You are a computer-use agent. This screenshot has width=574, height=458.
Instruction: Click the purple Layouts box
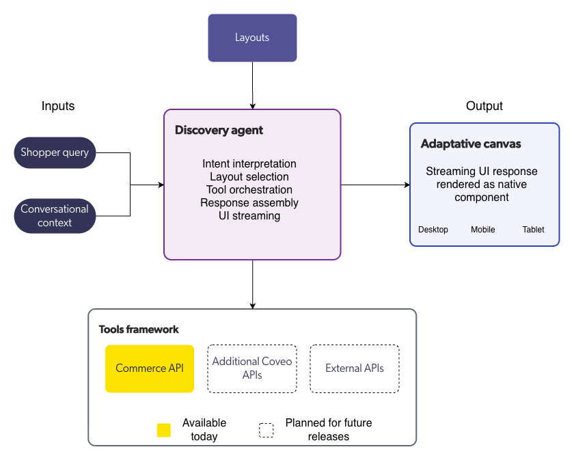pyautogui.click(x=252, y=38)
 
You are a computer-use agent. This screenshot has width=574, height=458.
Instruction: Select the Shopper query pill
pyautogui.click(x=55, y=152)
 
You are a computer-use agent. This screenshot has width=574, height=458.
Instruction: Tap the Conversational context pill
pyautogui.click(x=55, y=215)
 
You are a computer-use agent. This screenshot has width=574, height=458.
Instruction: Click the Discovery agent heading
pyautogui.click(x=219, y=130)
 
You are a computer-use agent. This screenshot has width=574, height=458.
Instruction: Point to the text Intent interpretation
pyautogui.click(x=249, y=164)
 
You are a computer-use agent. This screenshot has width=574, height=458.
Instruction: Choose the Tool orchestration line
pyautogui.click(x=249, y=190)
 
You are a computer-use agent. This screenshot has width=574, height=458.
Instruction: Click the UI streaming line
pyautogui.click(x=249, y=216)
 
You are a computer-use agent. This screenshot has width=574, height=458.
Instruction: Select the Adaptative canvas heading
pyautogui.click(x=471, y=144)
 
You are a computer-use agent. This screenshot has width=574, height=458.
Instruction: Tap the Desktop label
pyautogui.click(x=433, y=230)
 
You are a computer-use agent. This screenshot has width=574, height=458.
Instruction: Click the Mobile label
pyautogui.click(x=483, y=230)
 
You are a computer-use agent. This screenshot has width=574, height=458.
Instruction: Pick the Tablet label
pyautogui.click(x=533, y=230)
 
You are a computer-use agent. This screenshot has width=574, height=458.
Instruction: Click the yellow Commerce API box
pyautogui.click(x=150, y=368)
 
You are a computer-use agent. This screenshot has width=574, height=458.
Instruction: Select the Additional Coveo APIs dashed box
pyautogui.click(x=251, y=368)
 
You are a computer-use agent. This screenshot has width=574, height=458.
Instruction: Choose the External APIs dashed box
pyautogui.click(x=354, y=368)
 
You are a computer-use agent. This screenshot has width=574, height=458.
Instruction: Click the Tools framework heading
pyautogui.click(x=139, y=329)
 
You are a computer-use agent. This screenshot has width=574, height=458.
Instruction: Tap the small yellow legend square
pyautogui.click(x=164, y=430)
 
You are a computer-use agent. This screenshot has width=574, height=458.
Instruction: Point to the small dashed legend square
pyautogui.click(x=266, y=430)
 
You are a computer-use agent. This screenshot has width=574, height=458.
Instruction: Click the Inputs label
pyautogui.click(x=58, y=106)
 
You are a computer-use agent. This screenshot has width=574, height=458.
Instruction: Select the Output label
pyautogui.click(x=484, y=106)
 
